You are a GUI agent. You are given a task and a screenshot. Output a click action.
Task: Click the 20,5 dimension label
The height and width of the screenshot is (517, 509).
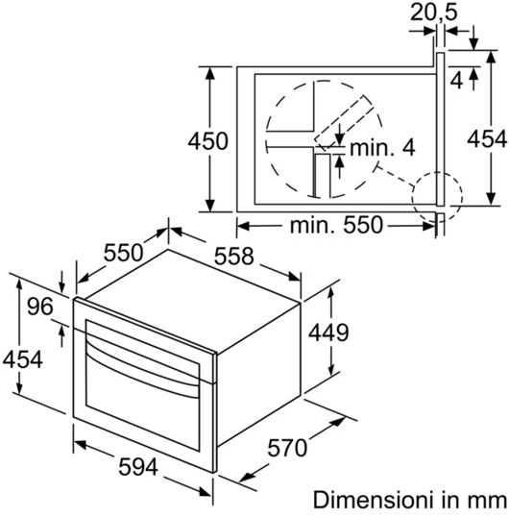[434, 12]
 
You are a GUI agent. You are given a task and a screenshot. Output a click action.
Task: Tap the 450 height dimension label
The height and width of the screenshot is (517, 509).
[207, 141]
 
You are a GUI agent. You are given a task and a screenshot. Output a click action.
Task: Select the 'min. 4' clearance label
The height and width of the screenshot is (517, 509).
[382, 148]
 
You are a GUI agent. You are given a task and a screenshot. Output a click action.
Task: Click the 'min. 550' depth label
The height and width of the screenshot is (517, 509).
[337, 225]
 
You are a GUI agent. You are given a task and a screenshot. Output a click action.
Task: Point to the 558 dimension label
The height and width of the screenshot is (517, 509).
[234, 257]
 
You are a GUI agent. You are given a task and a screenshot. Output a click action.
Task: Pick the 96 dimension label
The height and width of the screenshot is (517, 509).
[40, 306]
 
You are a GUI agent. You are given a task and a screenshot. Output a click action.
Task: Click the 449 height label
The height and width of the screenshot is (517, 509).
[328, 332]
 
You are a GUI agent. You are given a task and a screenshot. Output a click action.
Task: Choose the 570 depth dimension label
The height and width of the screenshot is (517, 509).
[287, 448]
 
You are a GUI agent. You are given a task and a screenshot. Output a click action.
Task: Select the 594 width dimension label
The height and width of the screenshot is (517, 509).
[138, 467]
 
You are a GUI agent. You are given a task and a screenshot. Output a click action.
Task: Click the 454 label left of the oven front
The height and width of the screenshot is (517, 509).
[23, 359]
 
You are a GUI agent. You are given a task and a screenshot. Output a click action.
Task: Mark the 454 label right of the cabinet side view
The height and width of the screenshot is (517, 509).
[487, 138]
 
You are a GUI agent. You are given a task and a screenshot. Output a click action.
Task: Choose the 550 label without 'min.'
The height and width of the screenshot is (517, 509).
[124, 253]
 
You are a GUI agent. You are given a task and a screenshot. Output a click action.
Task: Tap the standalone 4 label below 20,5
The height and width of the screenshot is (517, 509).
[456, 80]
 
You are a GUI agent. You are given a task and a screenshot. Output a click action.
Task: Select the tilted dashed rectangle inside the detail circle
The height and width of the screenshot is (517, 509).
[344, 123]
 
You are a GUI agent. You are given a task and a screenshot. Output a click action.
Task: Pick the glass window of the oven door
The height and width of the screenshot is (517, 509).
[142, 384]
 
